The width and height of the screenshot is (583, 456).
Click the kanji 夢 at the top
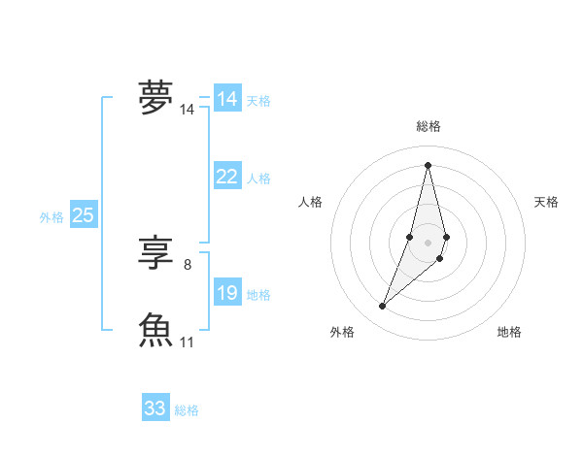pos(155,98)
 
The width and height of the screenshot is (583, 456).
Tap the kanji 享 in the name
pos(155,254)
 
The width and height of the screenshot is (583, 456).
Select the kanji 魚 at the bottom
pos(155,330)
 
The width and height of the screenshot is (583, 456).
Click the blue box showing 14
pos(226,99)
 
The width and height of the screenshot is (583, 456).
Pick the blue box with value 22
pos(226,177)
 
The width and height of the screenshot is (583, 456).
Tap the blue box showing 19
pos(226,293)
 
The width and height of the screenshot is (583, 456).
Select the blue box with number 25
pos(83,215)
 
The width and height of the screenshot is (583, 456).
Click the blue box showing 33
pos(154,408)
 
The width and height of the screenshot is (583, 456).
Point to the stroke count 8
pos(187,264)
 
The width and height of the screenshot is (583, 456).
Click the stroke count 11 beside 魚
pos(188,342)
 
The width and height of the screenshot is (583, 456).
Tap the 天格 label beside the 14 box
pos(258,101)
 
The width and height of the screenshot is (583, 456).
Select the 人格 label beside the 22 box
pos(258,179)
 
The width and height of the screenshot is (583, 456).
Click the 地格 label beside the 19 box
pos(258,295)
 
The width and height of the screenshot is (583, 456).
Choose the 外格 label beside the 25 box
pos(51,217)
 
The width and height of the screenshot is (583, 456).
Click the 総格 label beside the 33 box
pos(187,410)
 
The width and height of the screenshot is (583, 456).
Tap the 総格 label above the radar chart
pos(428,126)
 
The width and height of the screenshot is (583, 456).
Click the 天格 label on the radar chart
pos(546,202)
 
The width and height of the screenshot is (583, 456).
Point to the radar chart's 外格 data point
pos(383,307)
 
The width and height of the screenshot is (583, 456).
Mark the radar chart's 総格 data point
pos(428,164)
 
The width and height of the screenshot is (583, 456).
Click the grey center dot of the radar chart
pos(428,242)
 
